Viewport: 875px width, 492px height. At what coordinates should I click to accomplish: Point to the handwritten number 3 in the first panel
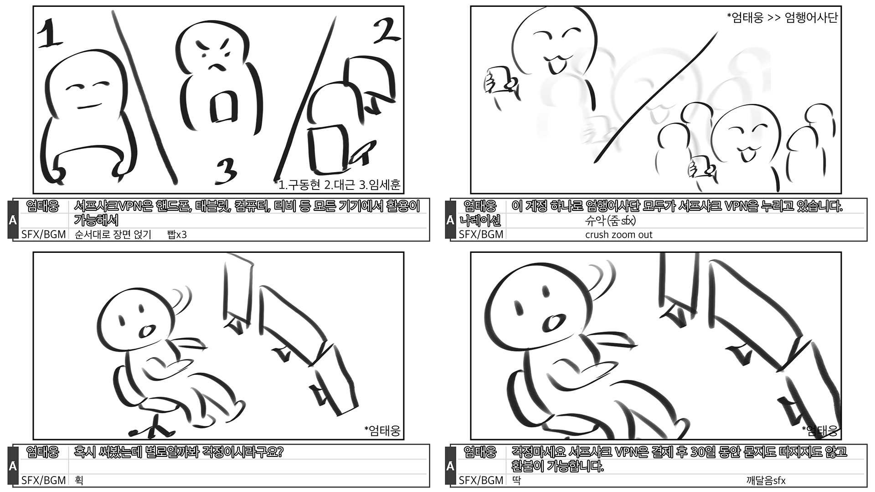226,171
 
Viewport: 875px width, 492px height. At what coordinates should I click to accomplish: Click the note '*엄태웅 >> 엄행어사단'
782,18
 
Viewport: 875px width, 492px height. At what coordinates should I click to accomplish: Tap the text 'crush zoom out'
619,235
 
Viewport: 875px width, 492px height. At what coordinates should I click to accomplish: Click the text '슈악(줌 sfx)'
610,221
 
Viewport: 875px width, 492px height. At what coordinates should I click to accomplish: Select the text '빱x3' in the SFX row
177,235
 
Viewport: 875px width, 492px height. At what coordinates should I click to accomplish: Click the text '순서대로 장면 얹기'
113,235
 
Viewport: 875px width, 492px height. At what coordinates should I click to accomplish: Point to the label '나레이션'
480,220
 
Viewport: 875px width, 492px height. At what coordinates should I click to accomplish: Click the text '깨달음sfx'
766,481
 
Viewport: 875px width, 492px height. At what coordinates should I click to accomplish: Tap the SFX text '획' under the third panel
79,480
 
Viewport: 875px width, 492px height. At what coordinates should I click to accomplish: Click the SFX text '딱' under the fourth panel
516,480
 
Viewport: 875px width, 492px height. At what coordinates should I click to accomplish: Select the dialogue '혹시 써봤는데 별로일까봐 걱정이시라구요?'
179,452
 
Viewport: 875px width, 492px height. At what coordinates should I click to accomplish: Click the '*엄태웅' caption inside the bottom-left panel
382,430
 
